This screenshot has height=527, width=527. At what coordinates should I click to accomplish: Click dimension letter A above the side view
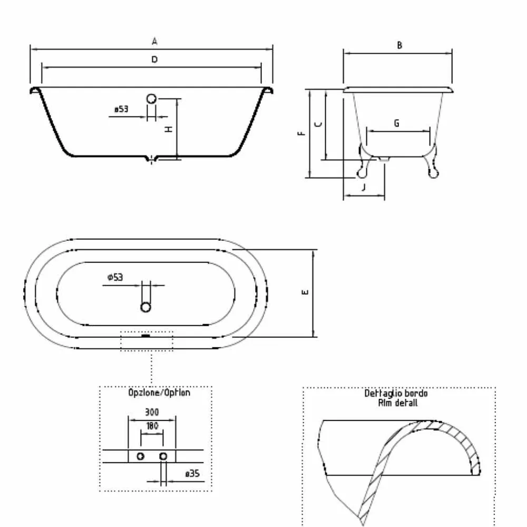pos(154,41)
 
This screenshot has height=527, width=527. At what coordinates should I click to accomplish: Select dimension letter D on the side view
pos(154,60)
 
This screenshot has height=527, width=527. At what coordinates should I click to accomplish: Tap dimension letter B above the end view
pos(399,45)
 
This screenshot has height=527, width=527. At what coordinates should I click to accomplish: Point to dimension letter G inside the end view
pos(397,123)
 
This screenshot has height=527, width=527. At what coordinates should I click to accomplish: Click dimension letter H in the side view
pos(169,129)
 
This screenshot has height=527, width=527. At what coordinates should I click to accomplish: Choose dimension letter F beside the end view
pos(301,133)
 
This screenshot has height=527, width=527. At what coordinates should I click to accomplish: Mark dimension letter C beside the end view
pos(318,124)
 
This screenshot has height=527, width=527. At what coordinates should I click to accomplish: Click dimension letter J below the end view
pos(363,187)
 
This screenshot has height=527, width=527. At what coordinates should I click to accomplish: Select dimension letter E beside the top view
pos(305,292)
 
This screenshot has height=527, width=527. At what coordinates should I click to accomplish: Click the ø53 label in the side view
pos(121,109)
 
